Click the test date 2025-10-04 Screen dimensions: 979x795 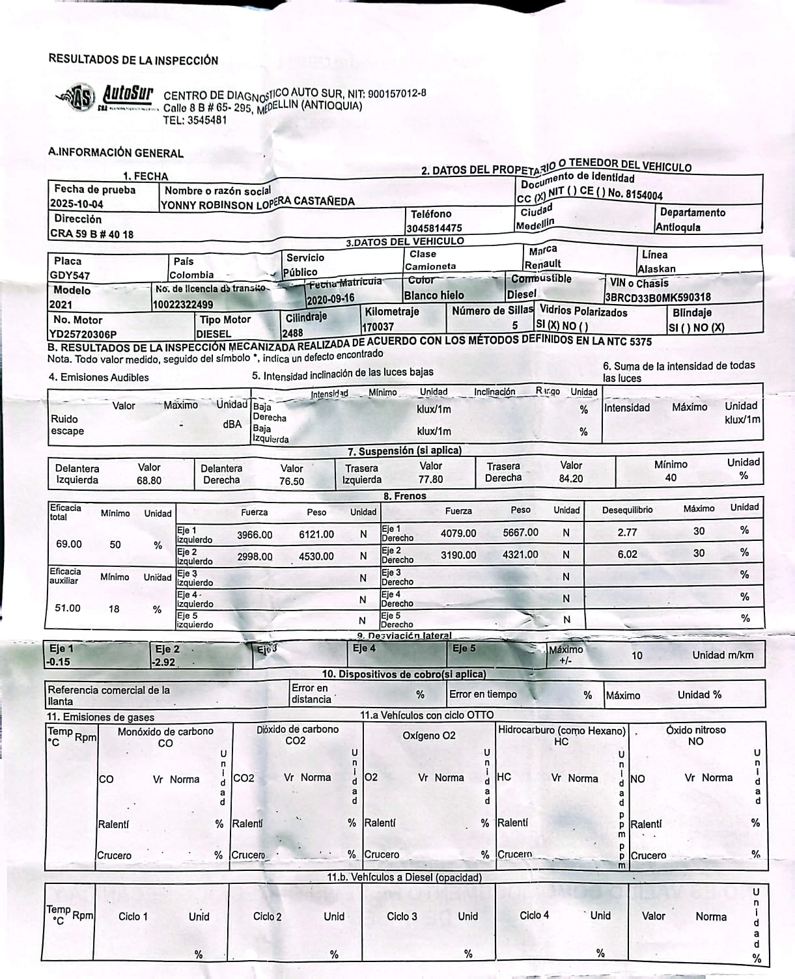pyautogui.click(x=77, y=204)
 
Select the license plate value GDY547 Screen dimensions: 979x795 pyautogui.click(x=70, y=275)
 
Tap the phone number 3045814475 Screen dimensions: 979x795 pyautogui.click(x=434, y=228)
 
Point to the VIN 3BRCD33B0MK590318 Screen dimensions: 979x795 pyautogui.click(x=658, y=297)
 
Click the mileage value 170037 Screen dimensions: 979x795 pyautogui.click(x=378, y=327)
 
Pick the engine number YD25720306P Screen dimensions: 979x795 pyautogui.click(x=83, y=334)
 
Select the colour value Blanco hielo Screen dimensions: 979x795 pyautogui.click(x=434, y=296)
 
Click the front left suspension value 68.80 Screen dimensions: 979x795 pyautogui.click(x=149, y=480)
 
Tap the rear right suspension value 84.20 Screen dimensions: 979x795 pyautogui.click(x=570, y=478)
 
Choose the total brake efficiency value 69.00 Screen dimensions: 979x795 pyautogui.click(x=69, y=544)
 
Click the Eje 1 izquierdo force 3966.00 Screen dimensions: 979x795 pyautogui.click(x=255, y=534)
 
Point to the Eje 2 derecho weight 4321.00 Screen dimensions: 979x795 pyautogui.click(x=520, y=555)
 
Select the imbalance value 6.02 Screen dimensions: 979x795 pyautogui.click(x=627, y=554)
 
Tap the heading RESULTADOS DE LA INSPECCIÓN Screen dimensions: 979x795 pyautogui.click(x=133, y=60)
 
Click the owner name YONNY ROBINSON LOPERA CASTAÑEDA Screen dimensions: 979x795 pyautogui.click(x=258, y=204)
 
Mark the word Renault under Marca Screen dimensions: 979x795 pyautogui.click(x=542, y=264)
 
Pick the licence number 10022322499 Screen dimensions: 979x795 pyautogui.click(x=183, y=304)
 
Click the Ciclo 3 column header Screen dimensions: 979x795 pyautogui.click(x=402, y=916)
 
